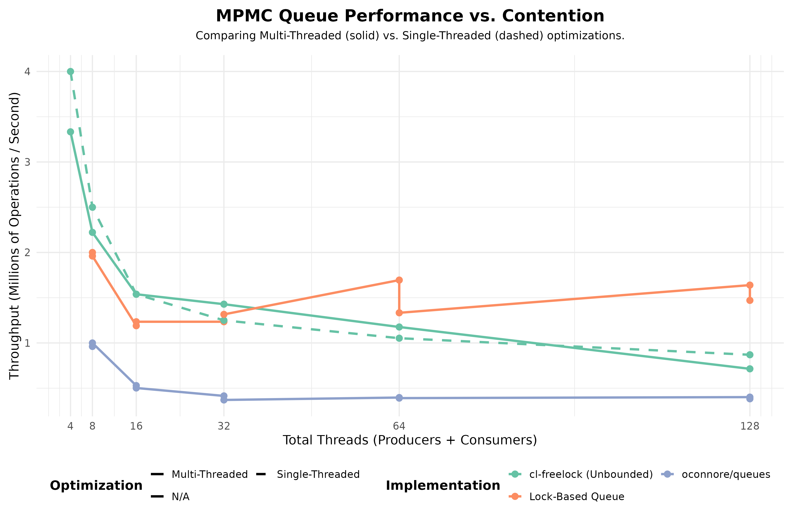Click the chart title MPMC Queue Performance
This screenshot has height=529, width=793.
point(410,16)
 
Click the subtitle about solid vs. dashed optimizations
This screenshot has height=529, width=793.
point(410,36)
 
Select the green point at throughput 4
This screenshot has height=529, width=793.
point(70,71)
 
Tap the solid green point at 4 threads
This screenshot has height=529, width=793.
point(70,132)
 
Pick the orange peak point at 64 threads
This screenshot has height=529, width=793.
point(399,280)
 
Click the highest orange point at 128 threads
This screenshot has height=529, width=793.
point(750,285)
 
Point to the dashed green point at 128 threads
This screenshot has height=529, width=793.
point(750,355)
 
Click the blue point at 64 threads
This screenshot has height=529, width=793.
point(399,398)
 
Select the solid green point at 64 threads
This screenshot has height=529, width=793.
point(399,327)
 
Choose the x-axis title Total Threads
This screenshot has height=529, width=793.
point(410,440)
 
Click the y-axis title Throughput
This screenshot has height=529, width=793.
point(15,236)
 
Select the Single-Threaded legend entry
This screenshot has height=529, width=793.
point(318,475)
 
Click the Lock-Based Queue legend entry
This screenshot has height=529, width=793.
point(576,497)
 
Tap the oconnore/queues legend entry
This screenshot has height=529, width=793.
point(726,475)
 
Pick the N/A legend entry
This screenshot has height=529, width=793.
point(180,497)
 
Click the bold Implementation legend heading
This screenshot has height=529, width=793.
point(443,486)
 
